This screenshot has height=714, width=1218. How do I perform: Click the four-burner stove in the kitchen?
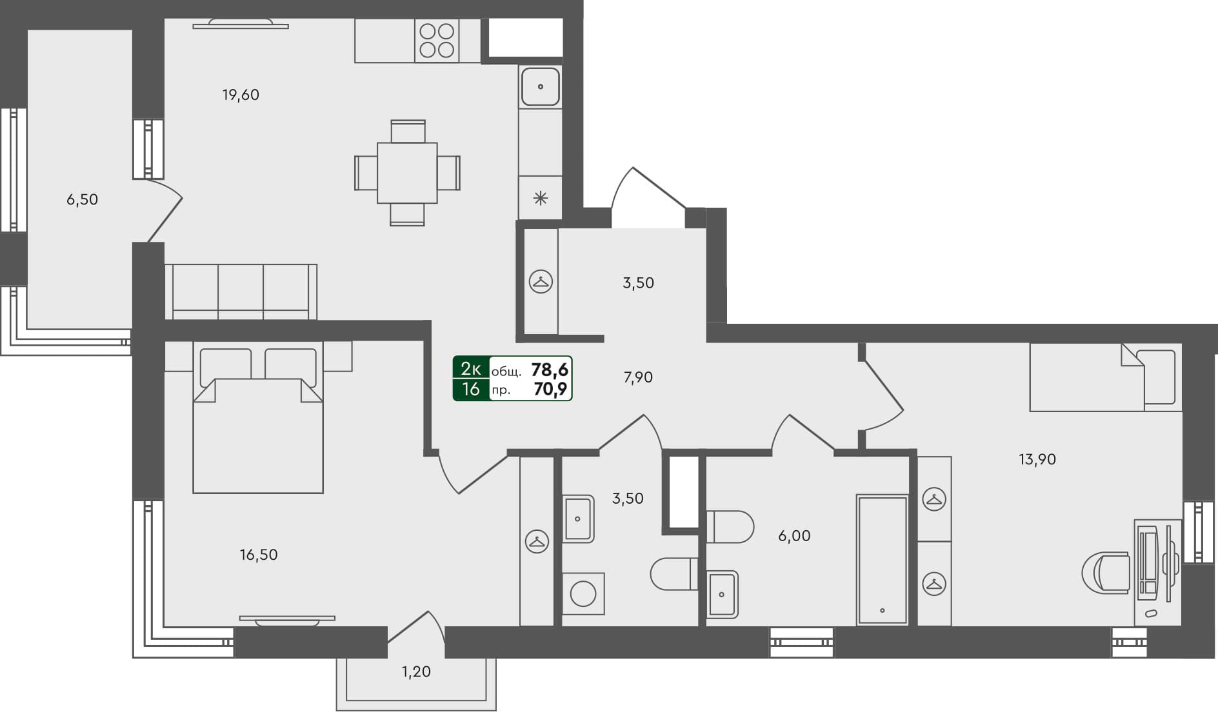coord(437,40)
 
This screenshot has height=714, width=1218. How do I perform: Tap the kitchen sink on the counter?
coord(540,86)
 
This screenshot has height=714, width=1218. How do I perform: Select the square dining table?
coord(407,173)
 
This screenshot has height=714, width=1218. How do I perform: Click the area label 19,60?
coord(241,95)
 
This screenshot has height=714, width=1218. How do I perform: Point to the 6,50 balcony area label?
coord(83,199)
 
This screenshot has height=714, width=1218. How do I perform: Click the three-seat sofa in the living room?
coord(241,292)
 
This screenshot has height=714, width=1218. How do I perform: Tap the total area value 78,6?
coord(549,370)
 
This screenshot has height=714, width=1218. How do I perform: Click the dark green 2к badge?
coord(471,369)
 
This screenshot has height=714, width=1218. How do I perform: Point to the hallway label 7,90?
coord(638,377)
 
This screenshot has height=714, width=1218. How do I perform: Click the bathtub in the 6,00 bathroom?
coord(882,559)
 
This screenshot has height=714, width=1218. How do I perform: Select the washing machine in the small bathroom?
coord(583,593)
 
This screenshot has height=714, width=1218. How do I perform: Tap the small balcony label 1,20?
coord(416,671)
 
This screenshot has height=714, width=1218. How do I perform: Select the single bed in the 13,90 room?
coord(1105,377)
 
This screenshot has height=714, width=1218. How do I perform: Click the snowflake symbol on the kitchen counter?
coord(541,198)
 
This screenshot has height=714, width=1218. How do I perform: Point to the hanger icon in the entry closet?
coord(541,282)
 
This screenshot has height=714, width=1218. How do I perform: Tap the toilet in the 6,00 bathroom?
coord(730,527)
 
